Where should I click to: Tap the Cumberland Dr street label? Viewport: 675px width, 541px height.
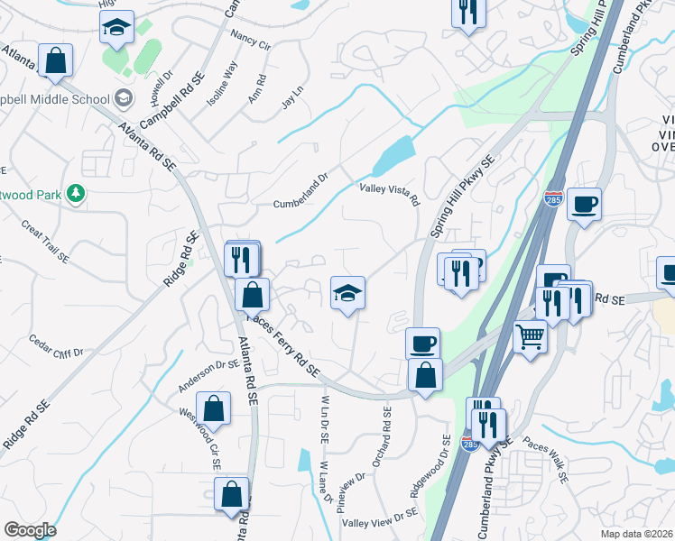(x=303, y=204)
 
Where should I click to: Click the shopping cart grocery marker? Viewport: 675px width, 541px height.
(x=531, y=337)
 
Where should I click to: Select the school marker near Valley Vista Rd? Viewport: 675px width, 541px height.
(x=347, y=293)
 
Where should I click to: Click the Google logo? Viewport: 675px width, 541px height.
(x=30, y=530)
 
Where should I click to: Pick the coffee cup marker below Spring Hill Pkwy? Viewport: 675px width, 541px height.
(x=422, y=344)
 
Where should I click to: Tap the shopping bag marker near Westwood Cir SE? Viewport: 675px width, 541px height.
(x=214, y=408)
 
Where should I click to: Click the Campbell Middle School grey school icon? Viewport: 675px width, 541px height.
(x=123, y=97)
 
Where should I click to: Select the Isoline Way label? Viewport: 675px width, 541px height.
(x=222, y=85)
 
